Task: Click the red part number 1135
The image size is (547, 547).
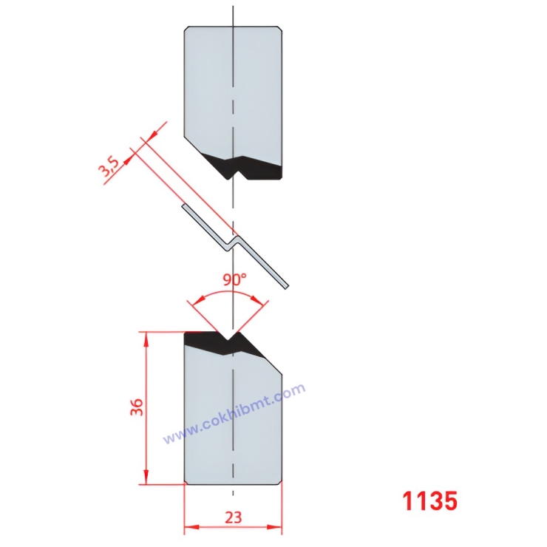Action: [x=429, y=501]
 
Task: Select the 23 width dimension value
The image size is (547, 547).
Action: [x=233, y=517]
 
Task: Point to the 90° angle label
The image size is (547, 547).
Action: [x=234, y=281]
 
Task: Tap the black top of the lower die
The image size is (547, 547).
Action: [x=222, y=342]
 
